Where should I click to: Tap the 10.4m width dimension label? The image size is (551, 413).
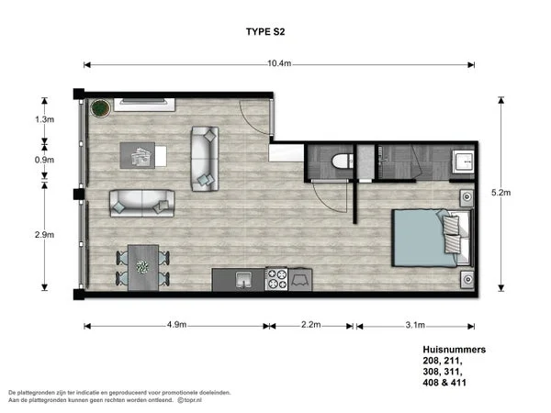279,63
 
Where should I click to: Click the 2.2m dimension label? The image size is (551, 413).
310,325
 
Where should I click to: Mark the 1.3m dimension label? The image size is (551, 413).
43,119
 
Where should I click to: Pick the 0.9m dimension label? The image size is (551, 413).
43,160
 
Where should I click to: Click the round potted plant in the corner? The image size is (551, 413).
99,107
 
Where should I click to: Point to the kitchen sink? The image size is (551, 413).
242,278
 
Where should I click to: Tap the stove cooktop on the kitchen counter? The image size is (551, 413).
277,278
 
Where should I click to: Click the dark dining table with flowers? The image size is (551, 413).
142,268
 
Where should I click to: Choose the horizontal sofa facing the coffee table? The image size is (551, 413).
142,202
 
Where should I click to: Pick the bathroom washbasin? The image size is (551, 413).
462,164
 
